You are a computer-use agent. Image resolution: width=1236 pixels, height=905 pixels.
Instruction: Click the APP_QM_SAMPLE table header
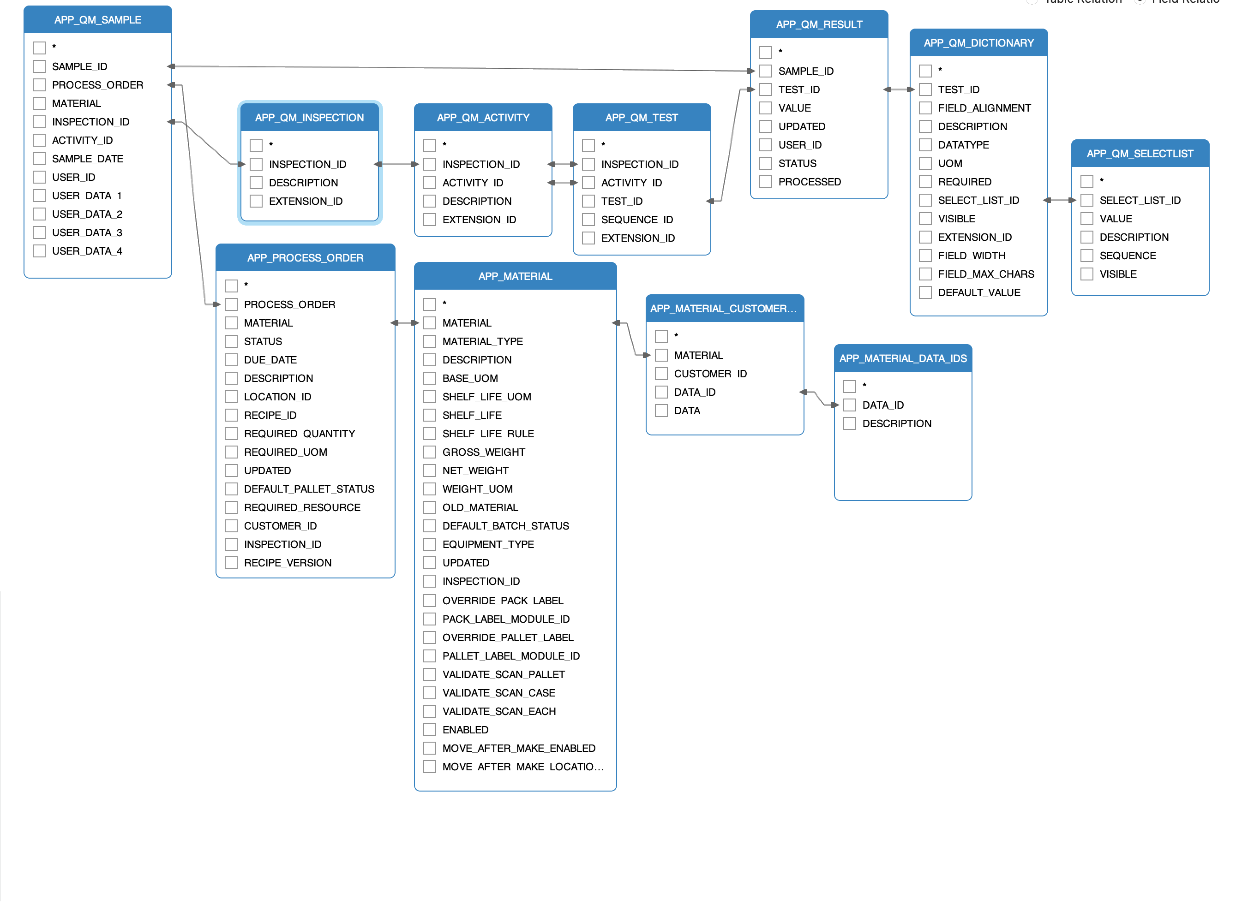(x=97, y=20)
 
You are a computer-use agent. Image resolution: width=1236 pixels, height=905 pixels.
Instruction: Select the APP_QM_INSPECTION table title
(x=309, y=117)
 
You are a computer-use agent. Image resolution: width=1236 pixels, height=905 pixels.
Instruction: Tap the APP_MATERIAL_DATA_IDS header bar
(x=903, y=358)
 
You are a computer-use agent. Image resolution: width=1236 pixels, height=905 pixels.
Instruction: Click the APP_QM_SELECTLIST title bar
(x=1140, y=154)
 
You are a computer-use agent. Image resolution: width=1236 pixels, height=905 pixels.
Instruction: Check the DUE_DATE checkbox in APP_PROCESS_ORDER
(x=231, y=360)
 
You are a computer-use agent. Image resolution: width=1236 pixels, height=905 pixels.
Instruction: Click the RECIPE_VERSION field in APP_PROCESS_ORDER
(x=288, y=563)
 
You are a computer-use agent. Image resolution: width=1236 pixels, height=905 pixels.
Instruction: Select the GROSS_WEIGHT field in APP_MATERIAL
(x=483, y=452)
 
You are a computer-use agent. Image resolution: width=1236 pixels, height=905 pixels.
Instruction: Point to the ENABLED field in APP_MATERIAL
(x=465, y=730)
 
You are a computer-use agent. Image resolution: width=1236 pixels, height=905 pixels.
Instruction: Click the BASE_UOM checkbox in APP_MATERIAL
(x=430, y=379)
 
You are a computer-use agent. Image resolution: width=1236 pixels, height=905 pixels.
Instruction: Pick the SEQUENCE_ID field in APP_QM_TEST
(x=636, y=220)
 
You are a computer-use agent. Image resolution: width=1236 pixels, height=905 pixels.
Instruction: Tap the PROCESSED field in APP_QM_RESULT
(x=809, y=182)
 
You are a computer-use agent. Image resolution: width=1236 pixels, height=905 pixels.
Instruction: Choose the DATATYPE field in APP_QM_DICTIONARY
(x=963, y=145)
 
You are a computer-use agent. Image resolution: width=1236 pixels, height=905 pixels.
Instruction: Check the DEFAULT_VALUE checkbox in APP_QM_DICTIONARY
(x=925, y=292)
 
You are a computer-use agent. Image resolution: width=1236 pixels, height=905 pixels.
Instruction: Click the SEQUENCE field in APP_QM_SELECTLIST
(x=1128, y=255)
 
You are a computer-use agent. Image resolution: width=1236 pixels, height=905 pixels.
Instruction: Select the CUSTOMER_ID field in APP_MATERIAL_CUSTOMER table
(x=710, y=374)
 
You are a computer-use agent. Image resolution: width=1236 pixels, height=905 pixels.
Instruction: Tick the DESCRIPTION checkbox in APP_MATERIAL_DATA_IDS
(x=850, y=423)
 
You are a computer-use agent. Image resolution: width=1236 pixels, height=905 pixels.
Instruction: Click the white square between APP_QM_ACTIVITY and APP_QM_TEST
(x=562, y=173)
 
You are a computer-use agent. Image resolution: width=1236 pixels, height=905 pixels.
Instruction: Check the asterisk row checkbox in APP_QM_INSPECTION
(x=256, y=146)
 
